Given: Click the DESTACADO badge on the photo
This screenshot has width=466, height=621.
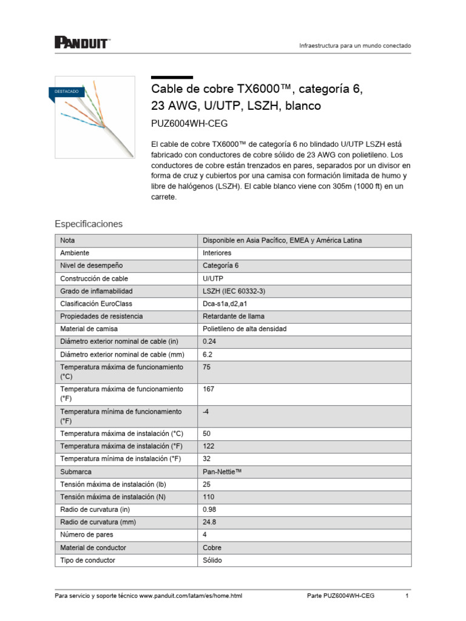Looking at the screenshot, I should click(66, 91).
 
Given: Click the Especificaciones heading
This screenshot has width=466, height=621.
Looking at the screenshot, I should click(89, 224).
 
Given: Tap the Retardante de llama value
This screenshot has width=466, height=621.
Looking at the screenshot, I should click(234, 317).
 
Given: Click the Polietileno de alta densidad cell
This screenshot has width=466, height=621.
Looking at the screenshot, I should click(245, 329).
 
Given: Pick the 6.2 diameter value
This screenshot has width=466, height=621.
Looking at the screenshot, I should click(208, 354).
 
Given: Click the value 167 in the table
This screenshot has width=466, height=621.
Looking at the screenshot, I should click(209, 389).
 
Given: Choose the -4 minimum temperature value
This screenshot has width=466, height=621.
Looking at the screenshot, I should click(206, 411).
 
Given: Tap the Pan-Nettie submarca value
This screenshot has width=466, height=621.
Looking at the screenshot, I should click(222, 471).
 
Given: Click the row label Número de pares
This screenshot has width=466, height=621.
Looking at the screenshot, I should click(87, 535).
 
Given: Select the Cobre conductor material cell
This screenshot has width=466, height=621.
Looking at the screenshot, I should click(212, 548).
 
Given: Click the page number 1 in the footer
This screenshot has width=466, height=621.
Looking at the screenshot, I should click(407, 596).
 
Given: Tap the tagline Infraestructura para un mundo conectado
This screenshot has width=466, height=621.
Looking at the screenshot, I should click(356, 46).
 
